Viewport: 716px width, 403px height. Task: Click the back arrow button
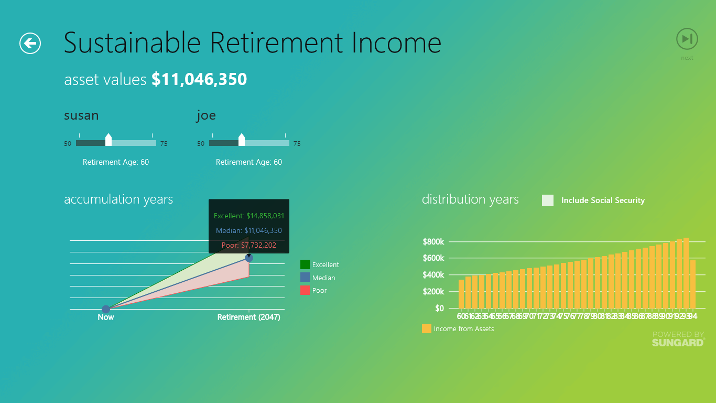(30, 43)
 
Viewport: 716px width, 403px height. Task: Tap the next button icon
(687, 39)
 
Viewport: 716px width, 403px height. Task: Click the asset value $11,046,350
(199, 79)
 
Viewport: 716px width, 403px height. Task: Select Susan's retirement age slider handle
(109, 140)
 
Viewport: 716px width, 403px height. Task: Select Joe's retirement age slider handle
(242, 140)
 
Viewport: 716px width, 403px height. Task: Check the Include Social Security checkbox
(548, 200)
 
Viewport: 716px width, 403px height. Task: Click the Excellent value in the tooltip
(249, 216)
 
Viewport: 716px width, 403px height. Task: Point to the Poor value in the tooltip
(249, 245)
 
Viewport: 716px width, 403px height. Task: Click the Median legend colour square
(305, 278)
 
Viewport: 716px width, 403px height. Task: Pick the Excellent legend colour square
(305, 264)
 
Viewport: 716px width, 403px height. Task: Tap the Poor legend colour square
(305, 290)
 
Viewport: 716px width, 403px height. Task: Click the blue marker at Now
(106, 309)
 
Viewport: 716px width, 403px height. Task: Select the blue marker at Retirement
(249, 258)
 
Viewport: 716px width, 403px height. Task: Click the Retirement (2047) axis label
(249, 317)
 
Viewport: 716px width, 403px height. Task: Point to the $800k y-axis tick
(433, 242)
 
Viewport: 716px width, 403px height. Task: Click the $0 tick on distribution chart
(439, 309)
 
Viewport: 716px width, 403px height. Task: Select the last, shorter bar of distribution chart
(693, 284)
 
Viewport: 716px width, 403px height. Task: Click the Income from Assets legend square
(427, 329)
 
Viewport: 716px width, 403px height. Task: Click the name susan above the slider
(81, 115)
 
